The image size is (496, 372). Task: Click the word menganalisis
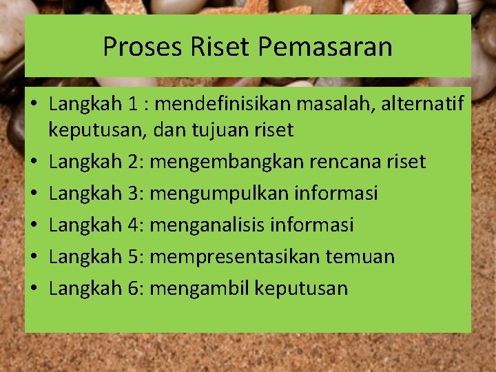(x=207, y=225)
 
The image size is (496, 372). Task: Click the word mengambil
(x=199, y=289)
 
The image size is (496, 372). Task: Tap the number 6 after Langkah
(x=134, y=289)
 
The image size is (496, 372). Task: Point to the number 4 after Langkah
(x=134, y=225)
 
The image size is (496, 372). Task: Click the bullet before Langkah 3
(x=34, y=194)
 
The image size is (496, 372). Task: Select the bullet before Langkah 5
(x=34, y=257)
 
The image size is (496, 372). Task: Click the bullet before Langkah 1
(x=34, y=105)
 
